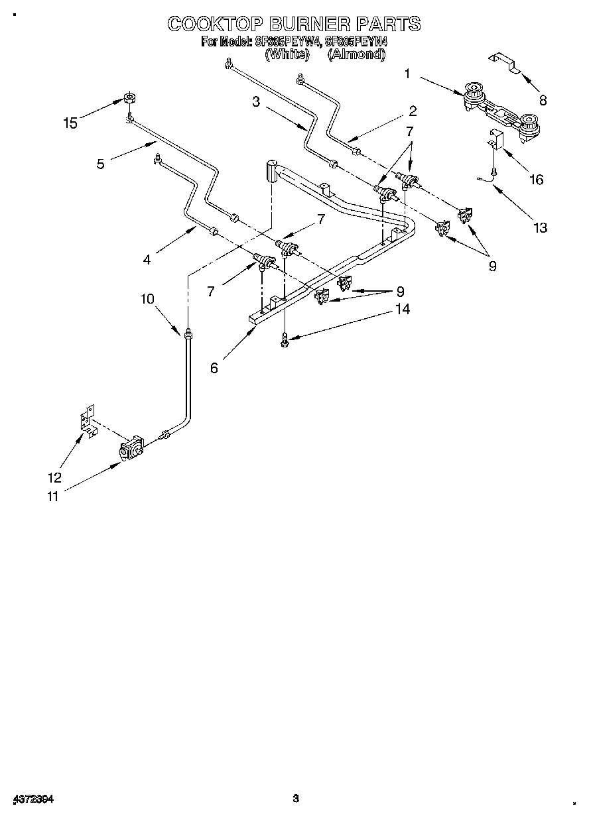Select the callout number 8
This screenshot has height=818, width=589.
tap(543, 101)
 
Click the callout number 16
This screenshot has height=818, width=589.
tap(536, 179)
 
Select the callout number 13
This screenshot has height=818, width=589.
tap(541, 228)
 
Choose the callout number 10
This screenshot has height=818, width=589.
tap(147, 299)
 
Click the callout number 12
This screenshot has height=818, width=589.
tap(54, 477)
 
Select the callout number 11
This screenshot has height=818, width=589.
tap(52, 496)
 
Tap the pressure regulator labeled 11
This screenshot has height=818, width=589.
tap(131, 449)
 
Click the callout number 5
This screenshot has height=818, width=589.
tap(100, 163)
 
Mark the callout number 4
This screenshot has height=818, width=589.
tap(147, 260)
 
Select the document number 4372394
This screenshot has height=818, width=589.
tap(33, 799)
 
